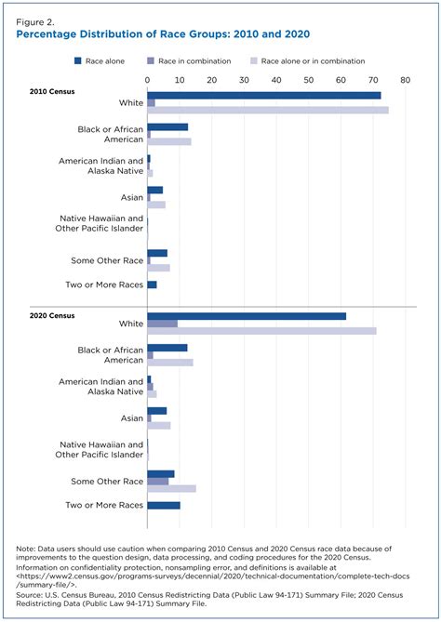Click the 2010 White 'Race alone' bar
[x=263, y=95]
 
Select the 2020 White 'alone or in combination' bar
[x=261, y=331]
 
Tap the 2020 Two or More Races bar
[x=164, y=505]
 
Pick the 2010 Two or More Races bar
[x=152, y=285]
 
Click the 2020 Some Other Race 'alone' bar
[x=161, y=474]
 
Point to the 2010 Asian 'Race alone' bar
[x=155, y=190]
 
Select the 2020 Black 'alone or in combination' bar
[x=170, y=362]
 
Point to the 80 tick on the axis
[x=405, y=81]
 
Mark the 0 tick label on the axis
[x=148, y=81]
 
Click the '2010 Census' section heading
[x=53, y=91]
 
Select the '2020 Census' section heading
[x=53, y=316]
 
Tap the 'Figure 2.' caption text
[x=34, y=18]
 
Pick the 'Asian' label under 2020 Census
[x=129, y=417]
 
